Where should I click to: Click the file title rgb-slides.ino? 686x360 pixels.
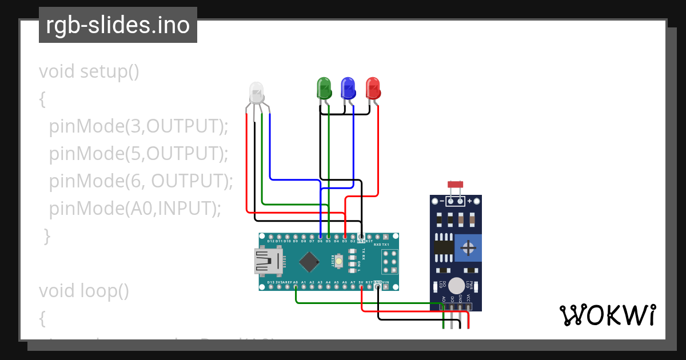tap(118, 25)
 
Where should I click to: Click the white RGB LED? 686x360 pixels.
tap(256, 93)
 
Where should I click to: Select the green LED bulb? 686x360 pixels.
tap(324, 88)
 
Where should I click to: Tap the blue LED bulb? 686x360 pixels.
tap(348, 88)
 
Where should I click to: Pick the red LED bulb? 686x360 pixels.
tap(373, 88)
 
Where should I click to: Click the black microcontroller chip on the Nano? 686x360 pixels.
tap(309, 262)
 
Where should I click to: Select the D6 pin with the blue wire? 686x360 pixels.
tap(320, 237)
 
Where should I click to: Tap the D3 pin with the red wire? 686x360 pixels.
tap(345, 237)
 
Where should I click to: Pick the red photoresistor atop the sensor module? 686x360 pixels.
tap(456, 184)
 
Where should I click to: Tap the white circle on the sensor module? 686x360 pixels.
tap(456, 285)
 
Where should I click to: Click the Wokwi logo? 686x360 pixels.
tap(607, 315)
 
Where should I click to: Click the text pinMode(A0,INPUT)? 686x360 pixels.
tap(135, 209)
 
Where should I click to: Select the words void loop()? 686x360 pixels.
tap(84, 291)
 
